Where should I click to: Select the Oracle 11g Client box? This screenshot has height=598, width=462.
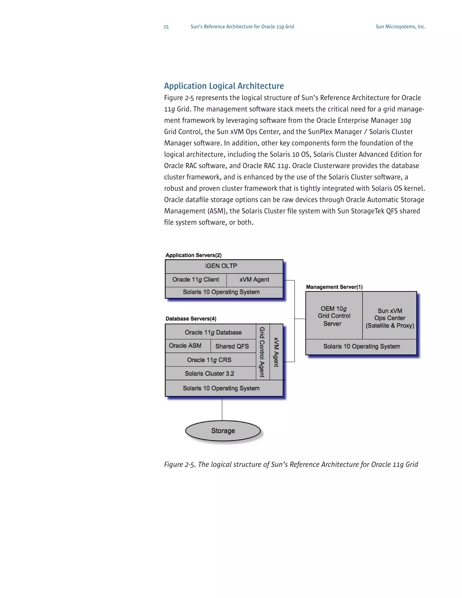(x=196, y=280)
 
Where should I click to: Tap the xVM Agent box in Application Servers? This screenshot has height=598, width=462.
(x=254, y=280)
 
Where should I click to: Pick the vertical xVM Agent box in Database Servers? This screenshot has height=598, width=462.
(x=276, y=352)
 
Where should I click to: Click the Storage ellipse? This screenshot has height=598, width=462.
(x=223, y=431)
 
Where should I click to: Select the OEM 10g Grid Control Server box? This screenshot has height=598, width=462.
(x=334, y=316)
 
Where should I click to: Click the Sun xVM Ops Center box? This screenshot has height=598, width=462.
(x=390, y=318)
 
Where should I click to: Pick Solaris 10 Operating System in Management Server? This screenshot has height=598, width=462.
(x=361, y=347)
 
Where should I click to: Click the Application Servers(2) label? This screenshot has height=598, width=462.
(x=194, y=255)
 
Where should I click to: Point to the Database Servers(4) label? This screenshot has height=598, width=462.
(x=191, y=319)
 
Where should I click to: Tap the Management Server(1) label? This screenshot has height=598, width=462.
(x=334, y=287)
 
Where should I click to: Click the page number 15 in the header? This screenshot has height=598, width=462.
(x=166, y=27)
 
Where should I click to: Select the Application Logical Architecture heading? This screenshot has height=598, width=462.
(x=224, y=86)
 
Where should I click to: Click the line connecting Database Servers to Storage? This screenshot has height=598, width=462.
(x=222, y=408)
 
